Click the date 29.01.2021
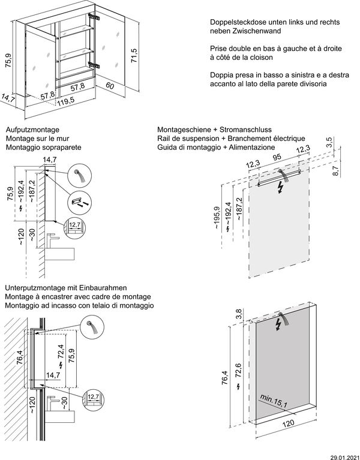point(343,455)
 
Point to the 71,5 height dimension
point(135,55)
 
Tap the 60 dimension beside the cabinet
point(109,87)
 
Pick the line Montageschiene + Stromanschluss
point(214,130)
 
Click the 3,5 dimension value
point(329,142)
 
